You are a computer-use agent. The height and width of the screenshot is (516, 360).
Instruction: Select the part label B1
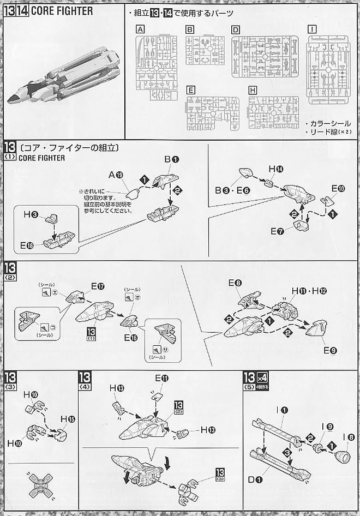(x=172, y=159)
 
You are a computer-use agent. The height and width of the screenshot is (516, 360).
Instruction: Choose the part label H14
(x=276, y=170)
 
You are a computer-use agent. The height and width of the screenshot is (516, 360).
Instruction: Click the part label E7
(x=278, y=231)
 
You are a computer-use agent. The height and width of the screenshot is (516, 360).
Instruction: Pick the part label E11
(x=161, y=378)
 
